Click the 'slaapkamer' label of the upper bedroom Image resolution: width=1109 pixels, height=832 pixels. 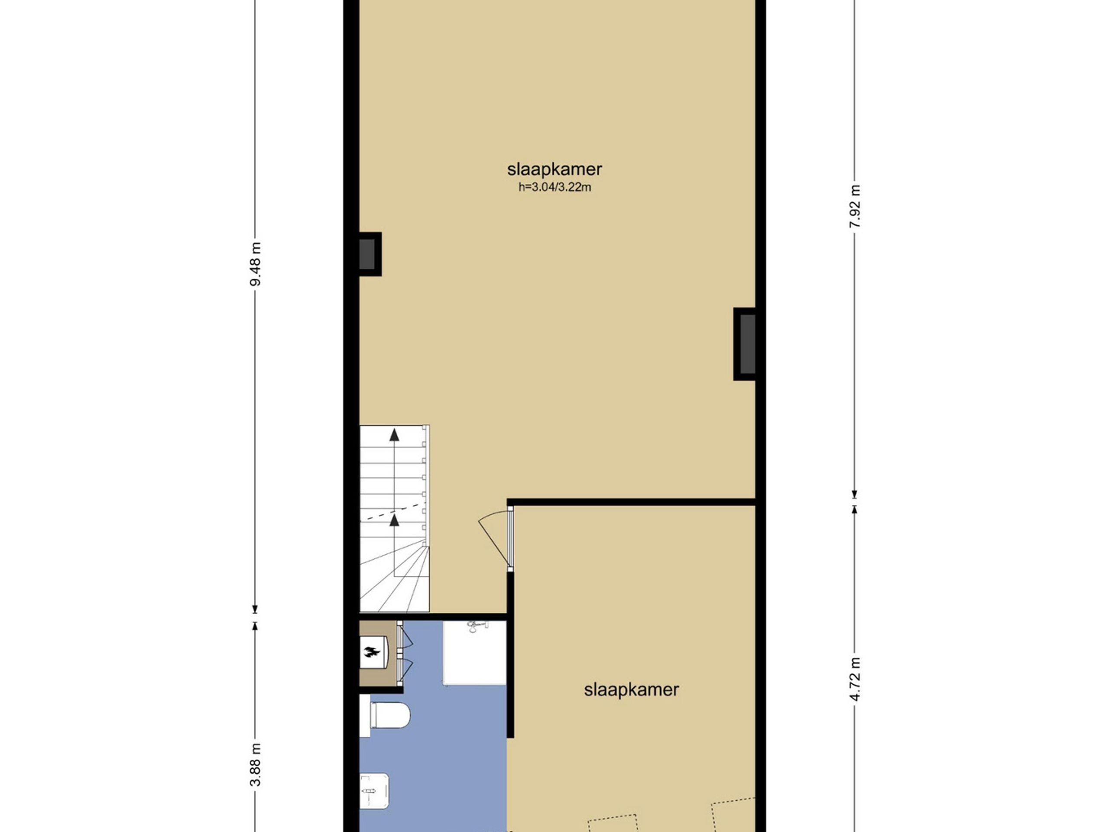tap(554, 169)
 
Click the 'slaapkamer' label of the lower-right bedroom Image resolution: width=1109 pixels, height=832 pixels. tap(631, 689)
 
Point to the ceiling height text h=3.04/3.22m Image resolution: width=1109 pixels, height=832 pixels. tap(554, 188)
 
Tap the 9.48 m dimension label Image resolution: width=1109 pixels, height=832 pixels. tap(256, 264)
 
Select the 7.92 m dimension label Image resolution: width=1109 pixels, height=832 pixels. tap(855, 206)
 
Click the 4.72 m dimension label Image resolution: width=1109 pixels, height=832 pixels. tap(855, 679)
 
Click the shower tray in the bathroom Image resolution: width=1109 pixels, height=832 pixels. tap(474, 653)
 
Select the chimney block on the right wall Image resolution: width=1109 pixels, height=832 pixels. tap(745, 344)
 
